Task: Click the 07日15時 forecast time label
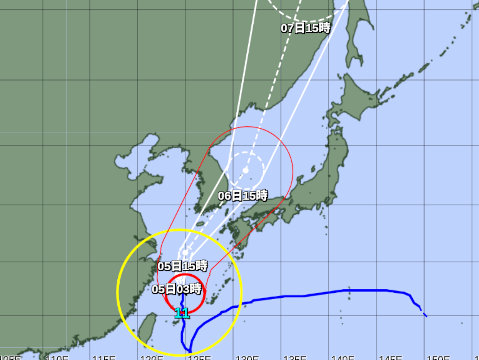pos(304,28)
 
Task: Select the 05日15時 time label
pos(182,265)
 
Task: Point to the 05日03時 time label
pos(177,288)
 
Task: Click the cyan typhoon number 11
pos(182,313)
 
